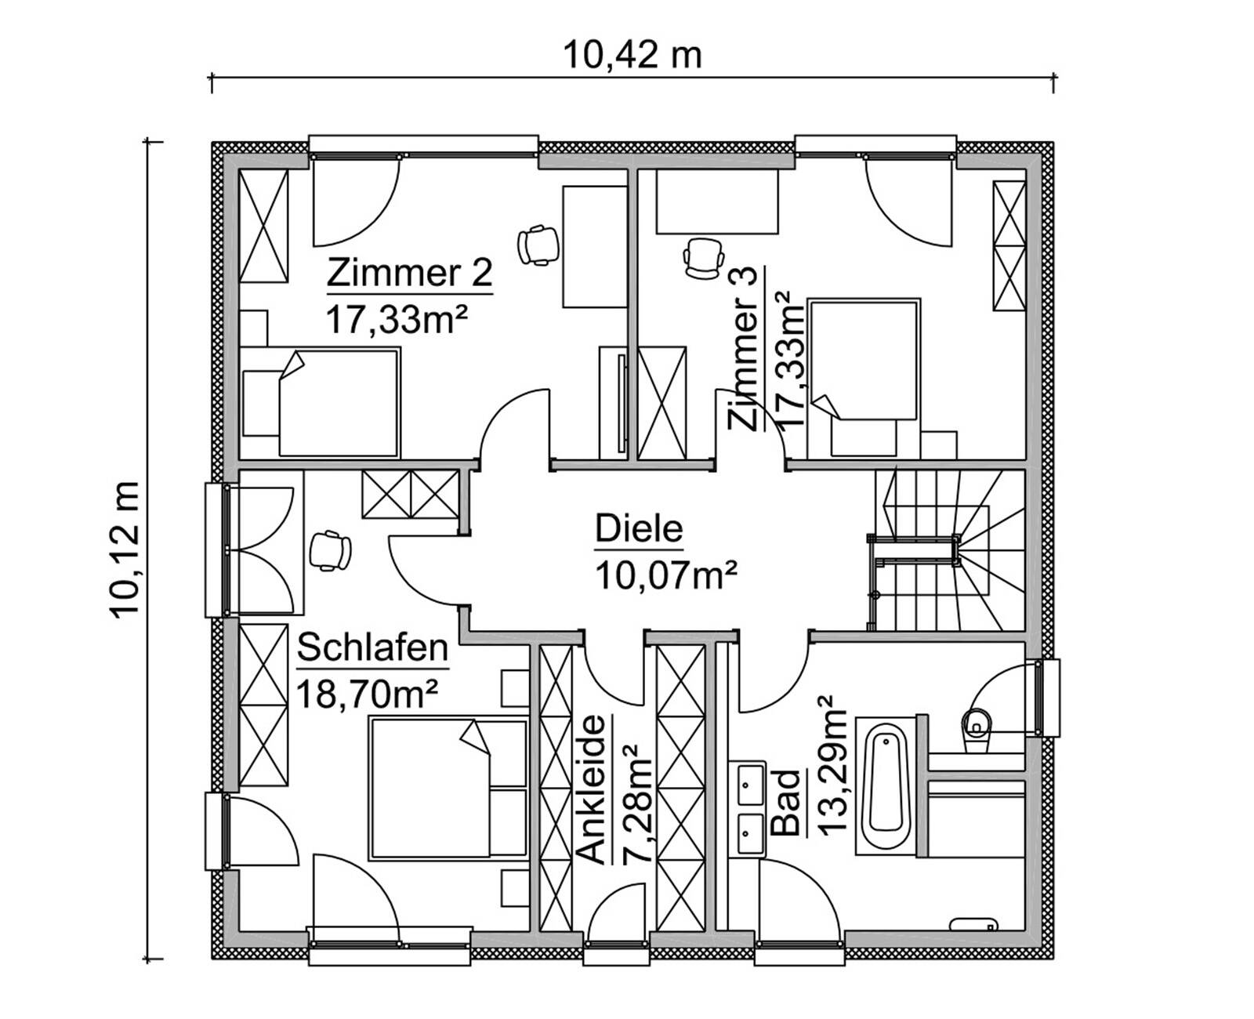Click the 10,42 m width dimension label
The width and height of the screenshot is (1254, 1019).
[632, 56]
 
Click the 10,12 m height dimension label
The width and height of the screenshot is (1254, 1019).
[125, 549]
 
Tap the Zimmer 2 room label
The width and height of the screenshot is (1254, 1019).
[409, 274]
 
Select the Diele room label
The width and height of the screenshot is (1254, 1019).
[639, 529]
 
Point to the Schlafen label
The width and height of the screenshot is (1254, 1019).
[373, 649]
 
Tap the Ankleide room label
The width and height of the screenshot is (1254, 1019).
[596, 789]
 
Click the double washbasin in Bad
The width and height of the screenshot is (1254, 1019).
[751, 807]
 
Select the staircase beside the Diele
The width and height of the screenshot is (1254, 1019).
[952, 549]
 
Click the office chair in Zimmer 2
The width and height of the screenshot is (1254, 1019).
[539, 245]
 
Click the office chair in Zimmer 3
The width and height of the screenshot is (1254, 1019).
[703, 258]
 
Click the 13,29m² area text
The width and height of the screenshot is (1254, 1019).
[832, 766]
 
